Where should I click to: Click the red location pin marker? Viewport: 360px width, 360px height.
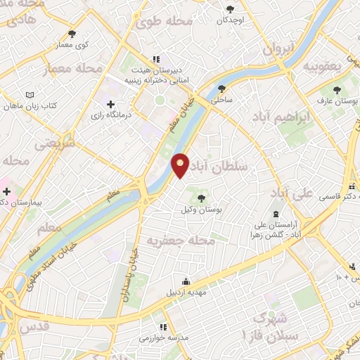tap(181, 165)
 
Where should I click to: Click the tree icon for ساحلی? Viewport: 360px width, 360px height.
tap(222, 89)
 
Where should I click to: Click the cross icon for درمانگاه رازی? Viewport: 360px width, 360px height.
tap(110, 104)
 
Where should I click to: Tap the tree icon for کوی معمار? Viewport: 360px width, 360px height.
tap(72, 33)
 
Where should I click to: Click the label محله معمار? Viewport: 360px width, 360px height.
tap(72, 69)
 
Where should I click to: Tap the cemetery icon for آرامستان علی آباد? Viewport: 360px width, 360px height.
tap(276, 213)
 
